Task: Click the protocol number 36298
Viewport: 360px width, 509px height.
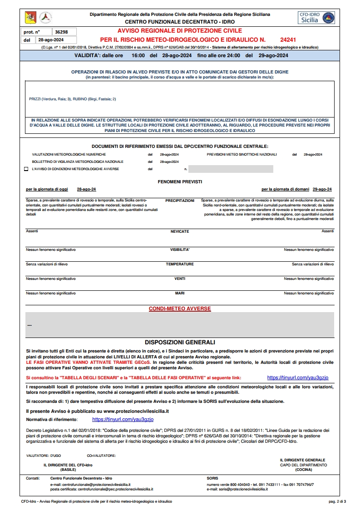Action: (61, 32)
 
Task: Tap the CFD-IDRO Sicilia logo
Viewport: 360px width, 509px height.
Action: (316, 18)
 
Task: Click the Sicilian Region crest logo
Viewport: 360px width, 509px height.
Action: (30, 18)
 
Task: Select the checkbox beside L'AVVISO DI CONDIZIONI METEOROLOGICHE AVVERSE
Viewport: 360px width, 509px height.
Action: (26, 169)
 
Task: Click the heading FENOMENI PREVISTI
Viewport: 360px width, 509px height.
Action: (180, 181)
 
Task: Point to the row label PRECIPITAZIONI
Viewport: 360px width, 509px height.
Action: (180, 200)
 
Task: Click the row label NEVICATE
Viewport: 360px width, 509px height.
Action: (180, 231)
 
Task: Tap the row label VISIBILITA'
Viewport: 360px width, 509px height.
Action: (180, 250)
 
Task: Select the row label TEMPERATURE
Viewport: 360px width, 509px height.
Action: (180, 264)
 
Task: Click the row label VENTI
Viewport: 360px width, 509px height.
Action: (180, 279)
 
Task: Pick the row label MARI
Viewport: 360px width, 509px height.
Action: (180, 294)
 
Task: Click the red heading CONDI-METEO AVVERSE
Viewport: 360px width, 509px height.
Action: (180, 309)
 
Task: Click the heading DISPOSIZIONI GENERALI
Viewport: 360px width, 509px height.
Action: (180, 342)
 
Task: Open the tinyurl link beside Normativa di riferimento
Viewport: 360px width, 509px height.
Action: (123, 420)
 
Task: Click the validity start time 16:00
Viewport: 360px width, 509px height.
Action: (138, 56)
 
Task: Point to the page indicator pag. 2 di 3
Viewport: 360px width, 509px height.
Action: (337, 501)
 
